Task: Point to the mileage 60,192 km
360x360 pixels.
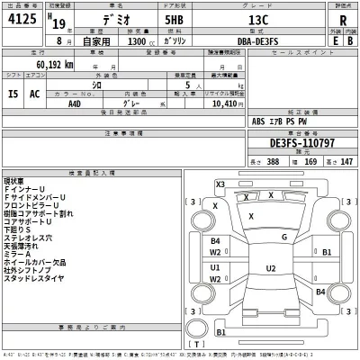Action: coord(54,65)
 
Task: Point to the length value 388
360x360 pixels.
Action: coord(245,160)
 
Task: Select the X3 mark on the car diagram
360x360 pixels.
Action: coord(220,184)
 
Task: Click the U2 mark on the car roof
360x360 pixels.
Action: coord(271,268)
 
